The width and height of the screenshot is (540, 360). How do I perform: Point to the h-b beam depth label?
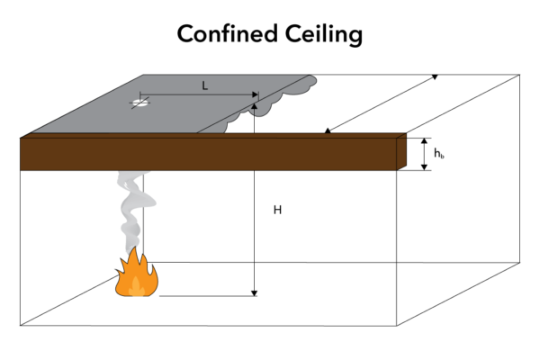click(x=438, y=154)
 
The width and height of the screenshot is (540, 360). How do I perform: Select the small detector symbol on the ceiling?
click(x=139, y=103)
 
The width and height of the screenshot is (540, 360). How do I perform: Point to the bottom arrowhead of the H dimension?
click(x=255, y=292)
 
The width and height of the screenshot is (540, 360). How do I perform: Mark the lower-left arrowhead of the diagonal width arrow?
click(x=327, y=133)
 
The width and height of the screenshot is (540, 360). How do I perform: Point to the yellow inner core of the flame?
click(x=135, y=286)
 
